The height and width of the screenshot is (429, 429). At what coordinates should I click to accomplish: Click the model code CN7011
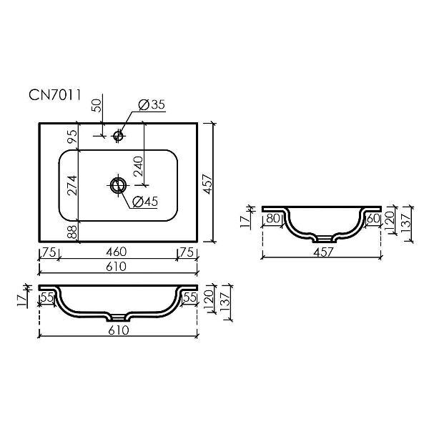click(55, 95)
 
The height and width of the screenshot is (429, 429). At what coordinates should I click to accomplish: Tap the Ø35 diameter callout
click(152, 104)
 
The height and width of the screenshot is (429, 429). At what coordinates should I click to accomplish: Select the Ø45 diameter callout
click(145, 202)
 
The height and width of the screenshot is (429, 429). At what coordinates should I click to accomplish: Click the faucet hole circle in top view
click(118, 135)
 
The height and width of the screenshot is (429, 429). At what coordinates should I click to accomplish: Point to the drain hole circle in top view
click(118, 185)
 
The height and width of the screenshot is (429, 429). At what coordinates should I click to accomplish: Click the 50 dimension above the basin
click(97, 105)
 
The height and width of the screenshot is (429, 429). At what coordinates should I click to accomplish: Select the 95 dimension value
click(72, 137)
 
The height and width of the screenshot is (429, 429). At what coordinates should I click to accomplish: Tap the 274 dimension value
click(72, 185)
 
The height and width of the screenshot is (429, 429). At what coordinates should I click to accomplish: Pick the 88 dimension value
click(72, 232)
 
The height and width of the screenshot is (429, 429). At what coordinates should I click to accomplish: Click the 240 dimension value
click(138, 166)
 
